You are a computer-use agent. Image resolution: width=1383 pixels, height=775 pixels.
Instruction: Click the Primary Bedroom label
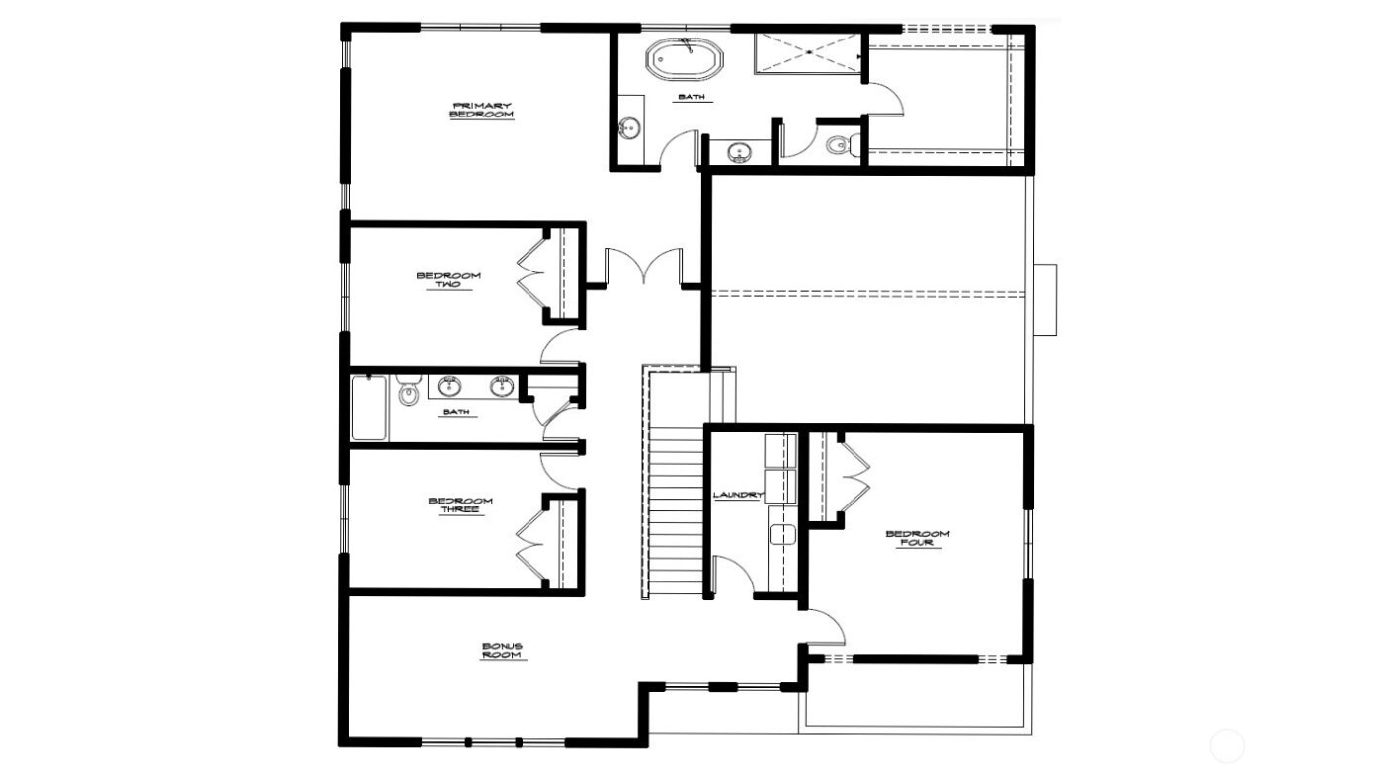point(482,110)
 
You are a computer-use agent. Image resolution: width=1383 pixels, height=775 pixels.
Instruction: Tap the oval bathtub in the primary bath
point(685,59)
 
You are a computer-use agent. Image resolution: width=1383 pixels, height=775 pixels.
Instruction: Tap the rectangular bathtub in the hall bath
point(369,408)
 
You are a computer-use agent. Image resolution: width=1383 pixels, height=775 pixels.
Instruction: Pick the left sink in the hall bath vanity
point(451,384)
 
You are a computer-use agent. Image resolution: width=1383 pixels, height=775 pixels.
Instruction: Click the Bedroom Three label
point(460,504)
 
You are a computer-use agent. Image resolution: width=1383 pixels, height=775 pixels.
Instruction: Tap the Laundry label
point(738,495)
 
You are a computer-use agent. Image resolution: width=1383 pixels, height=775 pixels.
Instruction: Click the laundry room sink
point(782,534)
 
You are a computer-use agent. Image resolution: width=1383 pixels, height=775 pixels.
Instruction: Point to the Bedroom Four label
point(917,538)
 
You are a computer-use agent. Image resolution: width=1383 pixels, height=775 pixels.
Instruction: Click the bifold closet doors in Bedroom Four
point(853,477)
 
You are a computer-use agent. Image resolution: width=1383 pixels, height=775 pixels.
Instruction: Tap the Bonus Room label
point(503,651)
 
